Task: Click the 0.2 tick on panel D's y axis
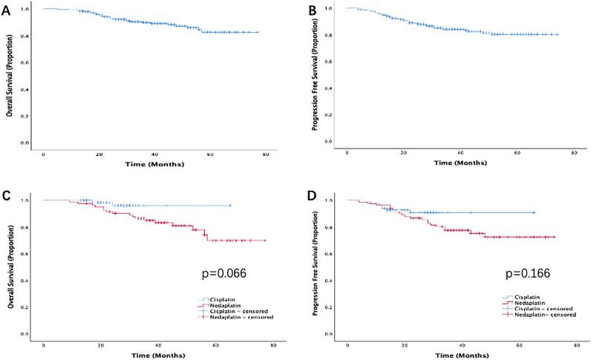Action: click(327, 307)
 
